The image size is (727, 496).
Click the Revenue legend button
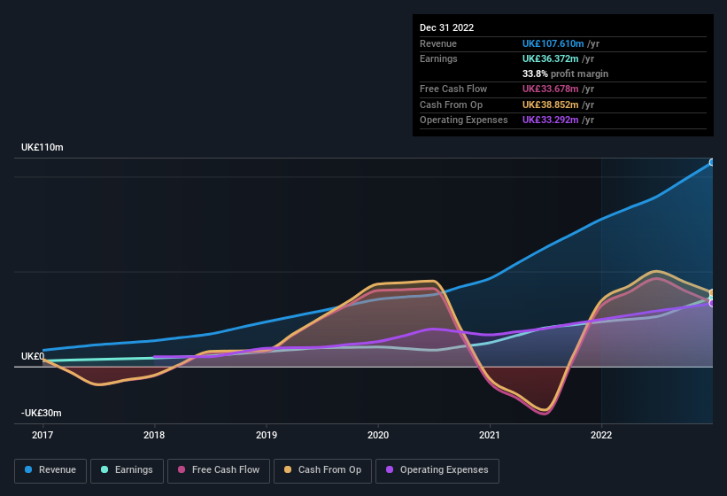pyautogui.click(x=51, y=470)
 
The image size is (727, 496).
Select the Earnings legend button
pyautogui.click(x=128, y=470)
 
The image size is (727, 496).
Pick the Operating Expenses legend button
pyautogui.click(x=437, y=470)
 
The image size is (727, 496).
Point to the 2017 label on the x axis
pyautogui.click(x=43, y=435)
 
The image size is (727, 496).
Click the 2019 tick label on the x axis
pyautogui.click(x=267, y=435)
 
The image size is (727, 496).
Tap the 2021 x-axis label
pyautogui.click(x=490, y=435)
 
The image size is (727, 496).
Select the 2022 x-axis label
pyautogui.click(x=601, y=435)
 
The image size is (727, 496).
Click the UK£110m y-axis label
pyautogui.click(x=43, y=147)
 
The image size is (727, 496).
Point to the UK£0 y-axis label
pyautogui.click(x=33, y=356)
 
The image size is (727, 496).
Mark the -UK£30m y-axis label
pyautogui.click(x=42, y=413)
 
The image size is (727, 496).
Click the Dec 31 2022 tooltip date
pyautogui.click(x=446, y=27)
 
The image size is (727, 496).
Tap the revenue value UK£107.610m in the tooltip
pyautogui.click(x=553, y=43)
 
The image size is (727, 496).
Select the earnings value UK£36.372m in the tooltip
pyautogui.click(x=552, y=58)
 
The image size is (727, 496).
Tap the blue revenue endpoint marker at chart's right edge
pyautogui.click(x=712, y=162)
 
